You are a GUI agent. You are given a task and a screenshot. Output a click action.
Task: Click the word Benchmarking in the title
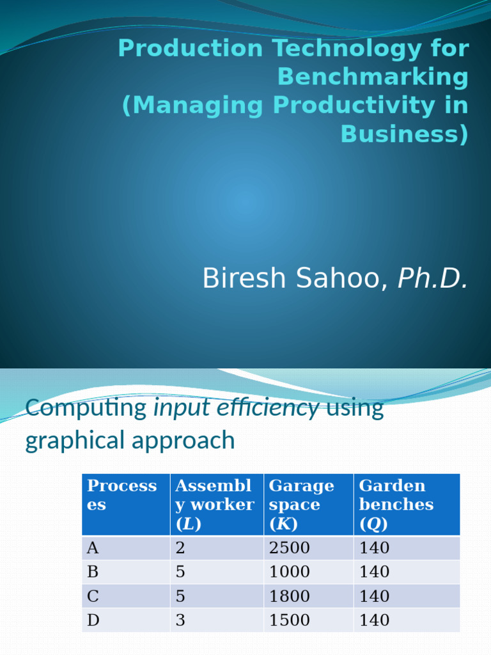pos(373,77)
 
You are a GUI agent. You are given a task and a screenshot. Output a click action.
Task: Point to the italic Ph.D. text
pos(433,279)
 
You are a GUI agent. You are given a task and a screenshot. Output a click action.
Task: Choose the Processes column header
pos(122,495)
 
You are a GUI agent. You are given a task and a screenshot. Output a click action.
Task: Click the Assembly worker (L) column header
pos(214,504)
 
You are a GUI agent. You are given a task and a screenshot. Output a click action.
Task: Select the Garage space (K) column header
pos(301,504)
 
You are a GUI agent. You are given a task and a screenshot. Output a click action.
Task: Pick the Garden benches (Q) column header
pos(396,504)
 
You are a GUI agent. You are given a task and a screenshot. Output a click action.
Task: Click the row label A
pos(93,548)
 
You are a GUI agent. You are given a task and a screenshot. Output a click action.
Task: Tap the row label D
pos(93,620)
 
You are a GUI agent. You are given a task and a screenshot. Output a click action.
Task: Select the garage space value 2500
pos(289,548)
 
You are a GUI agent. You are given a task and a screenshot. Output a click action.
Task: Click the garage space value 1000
pos(289,572)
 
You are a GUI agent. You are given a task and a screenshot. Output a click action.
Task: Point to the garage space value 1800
pos(289,596)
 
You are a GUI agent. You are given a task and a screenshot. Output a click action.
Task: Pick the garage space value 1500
pos(289,620)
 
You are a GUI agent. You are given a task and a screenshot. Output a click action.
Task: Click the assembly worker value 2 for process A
pos(180,548)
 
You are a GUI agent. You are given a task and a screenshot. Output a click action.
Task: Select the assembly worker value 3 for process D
pos(180,620)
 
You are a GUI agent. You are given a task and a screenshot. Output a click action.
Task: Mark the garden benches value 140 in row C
pos(374,596)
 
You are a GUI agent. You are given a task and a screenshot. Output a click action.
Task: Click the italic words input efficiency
pos(237,408)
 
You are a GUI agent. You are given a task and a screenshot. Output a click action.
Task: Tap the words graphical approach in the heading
pos(130,440)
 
